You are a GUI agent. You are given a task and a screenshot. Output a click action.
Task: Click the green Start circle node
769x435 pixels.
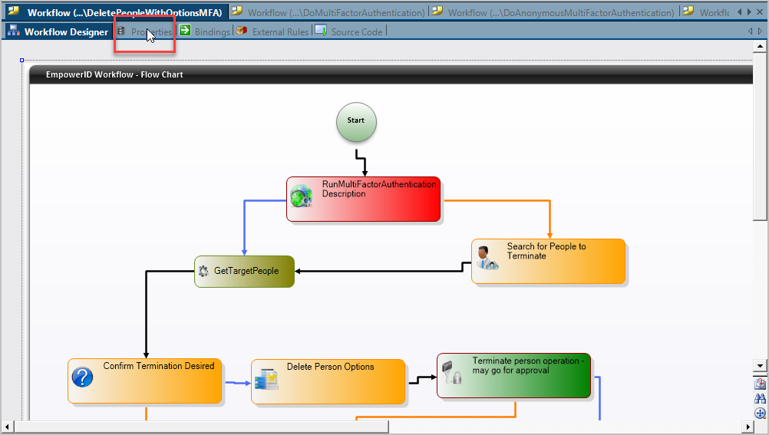pyautogui.click(x=356, y=122)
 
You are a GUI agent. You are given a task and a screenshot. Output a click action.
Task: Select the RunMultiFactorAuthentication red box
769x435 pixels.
pyautogui.click(x=364, y=199)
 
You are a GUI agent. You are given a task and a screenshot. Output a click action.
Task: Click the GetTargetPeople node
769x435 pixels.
pyautogui.click(x=245, y=271)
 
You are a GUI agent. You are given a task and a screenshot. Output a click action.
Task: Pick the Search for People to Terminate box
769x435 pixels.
pyautogui.click(x=548, y=261)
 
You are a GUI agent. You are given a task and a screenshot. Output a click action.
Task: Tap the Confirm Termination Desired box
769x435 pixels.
pyautogui.click(x=145, y=381)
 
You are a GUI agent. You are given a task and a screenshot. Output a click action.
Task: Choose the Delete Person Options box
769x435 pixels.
pyautogui.click(x=328, y=381)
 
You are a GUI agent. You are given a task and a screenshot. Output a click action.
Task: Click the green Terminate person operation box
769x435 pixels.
pyautogui.click(x=513, y=375)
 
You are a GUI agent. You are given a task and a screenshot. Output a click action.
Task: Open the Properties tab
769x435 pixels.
pyautogui.click(x=145, y=31)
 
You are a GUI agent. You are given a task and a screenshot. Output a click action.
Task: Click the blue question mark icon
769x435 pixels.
pyautogui.click(x=82, y=377)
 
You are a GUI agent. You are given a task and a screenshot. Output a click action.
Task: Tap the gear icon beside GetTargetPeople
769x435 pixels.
pyautogui.click(x=203, y=271)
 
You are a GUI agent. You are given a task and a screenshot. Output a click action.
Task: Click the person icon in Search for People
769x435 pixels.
pyautogui.click(x=485, y=257)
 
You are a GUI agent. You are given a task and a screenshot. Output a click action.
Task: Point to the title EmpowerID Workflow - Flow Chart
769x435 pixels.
pyautogui.click(x=114, y=74)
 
